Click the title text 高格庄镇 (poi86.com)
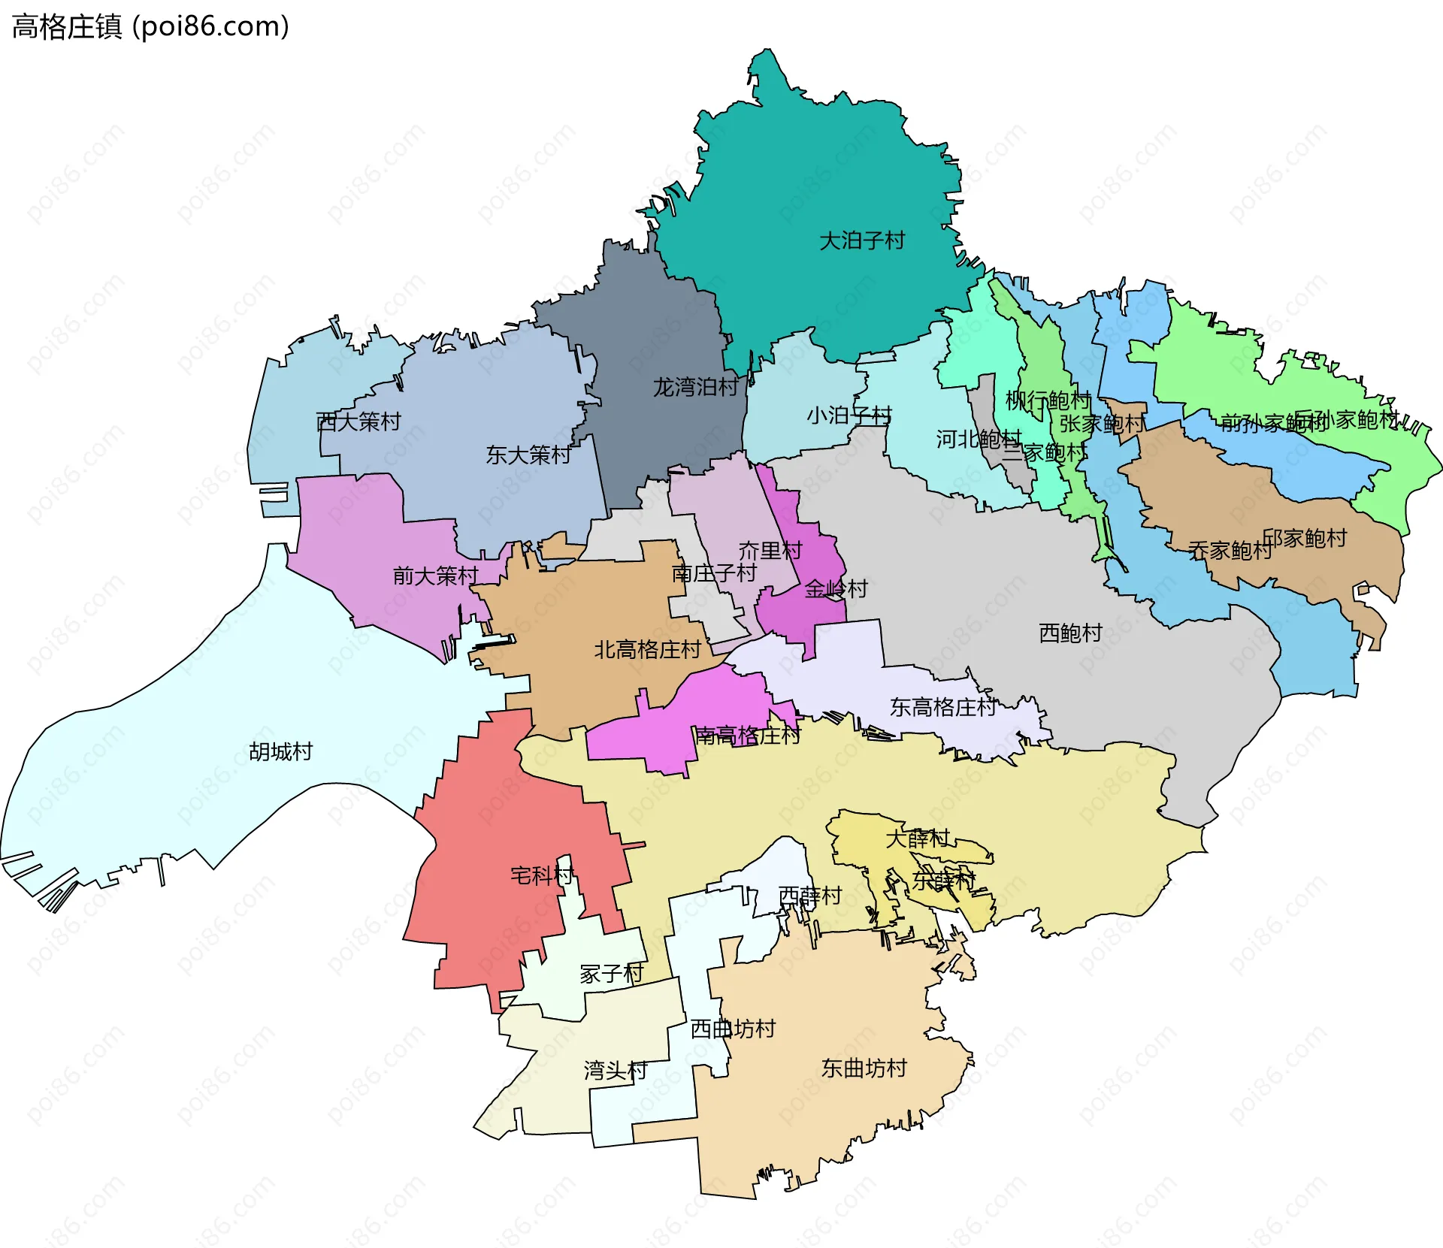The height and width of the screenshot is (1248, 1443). point(150,27)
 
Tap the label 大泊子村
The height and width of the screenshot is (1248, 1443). point(861,241)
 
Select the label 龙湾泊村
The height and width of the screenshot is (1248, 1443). point(695,388)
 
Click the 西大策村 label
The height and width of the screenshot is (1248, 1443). point(358,422)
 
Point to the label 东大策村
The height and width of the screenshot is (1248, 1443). point(528,455)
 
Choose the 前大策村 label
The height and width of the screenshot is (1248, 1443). point(435,576)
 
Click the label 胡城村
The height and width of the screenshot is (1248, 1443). point(280,752)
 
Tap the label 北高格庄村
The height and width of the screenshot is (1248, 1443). point(647,650)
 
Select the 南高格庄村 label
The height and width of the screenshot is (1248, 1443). point(747,736)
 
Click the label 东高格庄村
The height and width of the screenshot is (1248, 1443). point(942,707)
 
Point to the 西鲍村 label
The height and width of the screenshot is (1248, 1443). point(1070,633)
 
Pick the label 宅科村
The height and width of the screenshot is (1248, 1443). point(542,875)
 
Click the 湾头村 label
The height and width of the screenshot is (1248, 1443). point(616,1071)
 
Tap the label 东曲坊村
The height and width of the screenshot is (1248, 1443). point(864,1068)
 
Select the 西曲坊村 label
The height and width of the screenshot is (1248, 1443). point(733,1029)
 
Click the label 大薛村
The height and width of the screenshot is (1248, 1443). point(917,839)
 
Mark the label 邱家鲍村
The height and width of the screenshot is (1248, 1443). point(1304,539)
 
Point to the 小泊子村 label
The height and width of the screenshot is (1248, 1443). point(849,415)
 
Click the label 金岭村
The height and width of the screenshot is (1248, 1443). point(836,589)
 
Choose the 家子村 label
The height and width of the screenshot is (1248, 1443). point(612,975)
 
